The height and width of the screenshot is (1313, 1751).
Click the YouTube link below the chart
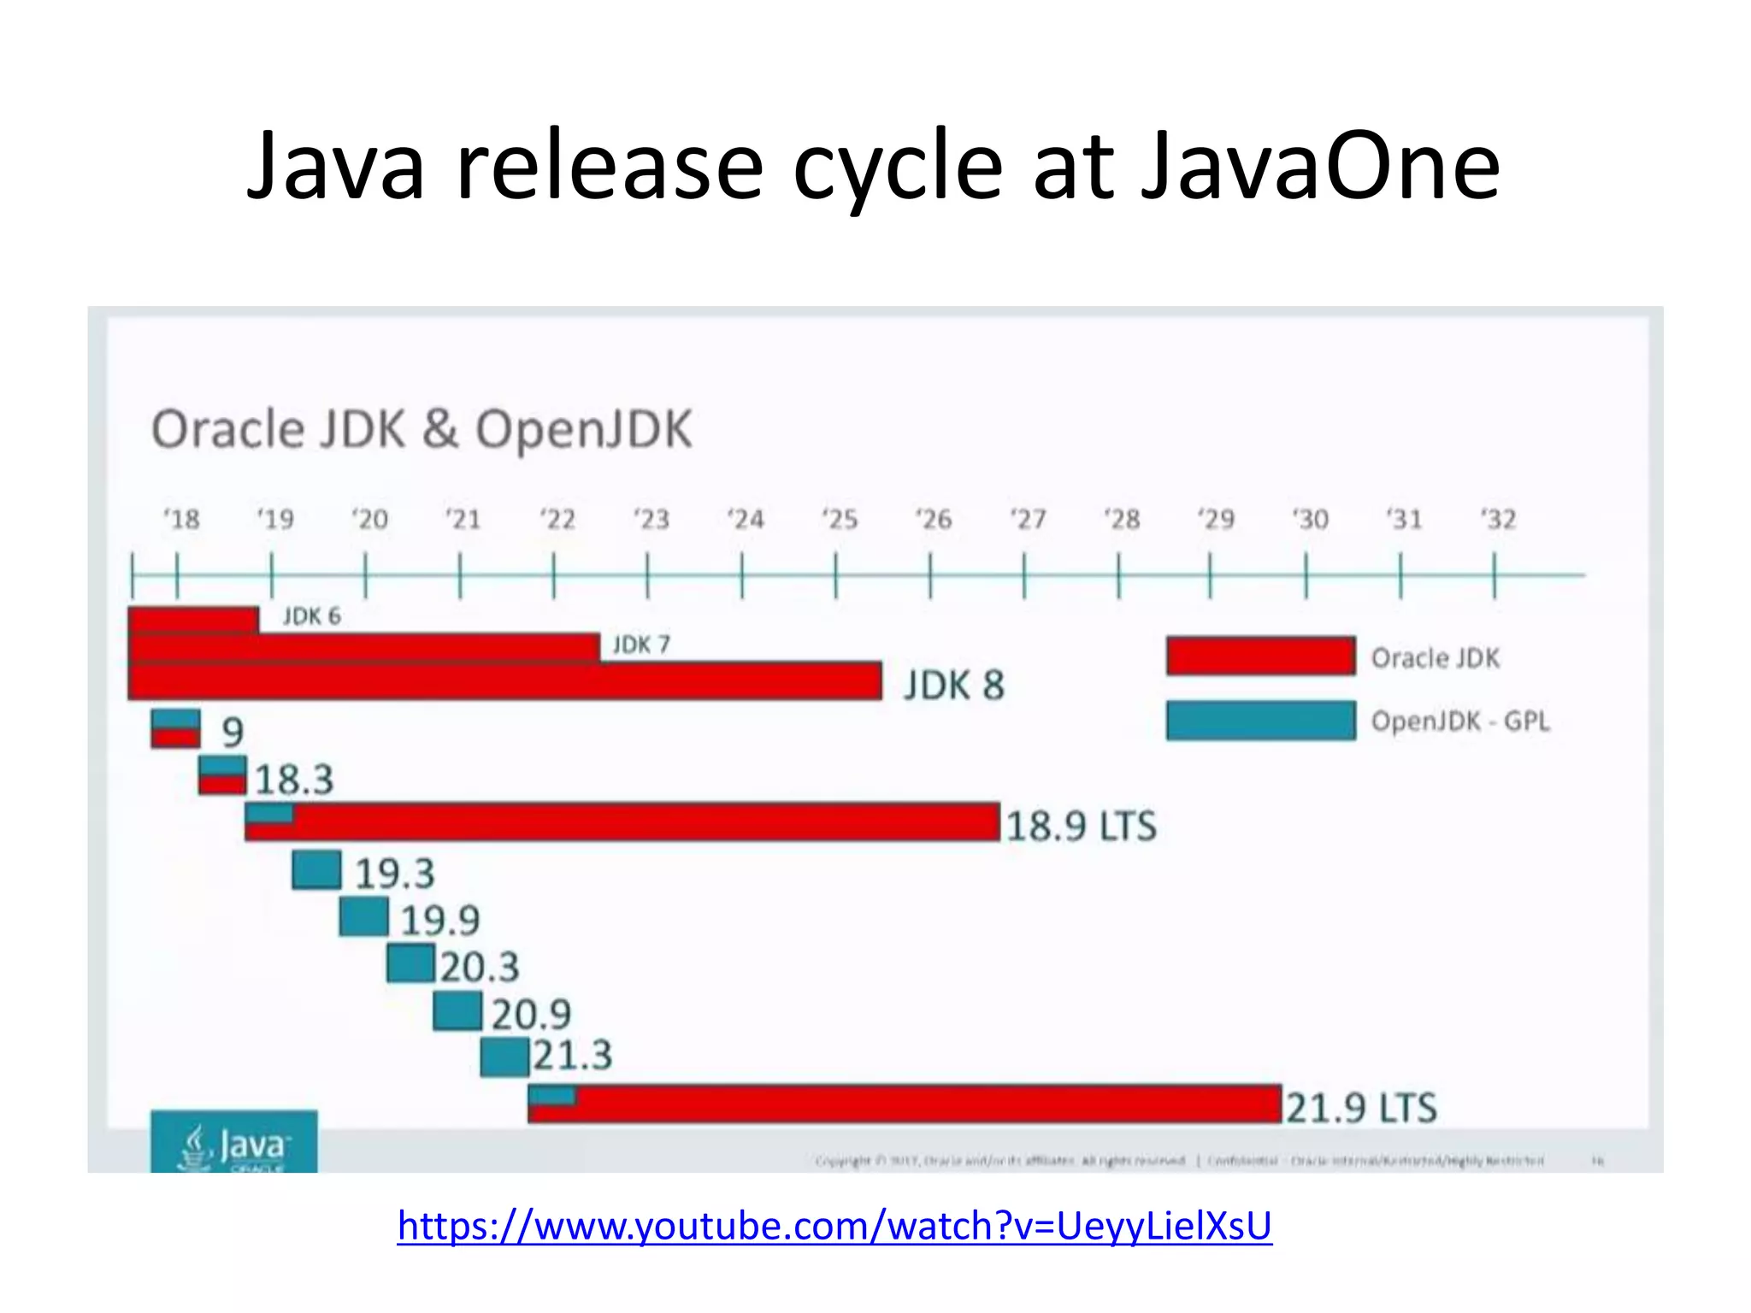834,1226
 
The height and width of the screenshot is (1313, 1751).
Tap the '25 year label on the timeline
839,519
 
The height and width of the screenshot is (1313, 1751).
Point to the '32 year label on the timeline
1498,519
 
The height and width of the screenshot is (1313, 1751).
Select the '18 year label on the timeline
180,519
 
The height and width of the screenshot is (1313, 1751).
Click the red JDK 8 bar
504,681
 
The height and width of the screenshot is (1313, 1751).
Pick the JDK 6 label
311,616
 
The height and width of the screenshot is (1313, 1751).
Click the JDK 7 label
641,645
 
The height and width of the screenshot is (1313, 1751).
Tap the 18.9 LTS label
1081,827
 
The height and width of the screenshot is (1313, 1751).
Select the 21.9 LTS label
1361,1108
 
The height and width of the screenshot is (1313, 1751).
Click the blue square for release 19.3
316,869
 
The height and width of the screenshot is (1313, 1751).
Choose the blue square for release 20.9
457,1011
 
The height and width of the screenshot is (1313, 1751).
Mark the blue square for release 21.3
504,1058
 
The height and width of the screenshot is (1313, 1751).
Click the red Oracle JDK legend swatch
1260,656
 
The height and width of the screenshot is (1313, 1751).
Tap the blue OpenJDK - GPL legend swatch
1260,721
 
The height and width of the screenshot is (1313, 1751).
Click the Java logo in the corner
233,1142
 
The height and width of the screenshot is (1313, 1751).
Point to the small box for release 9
175,729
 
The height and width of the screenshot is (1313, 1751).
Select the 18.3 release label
294,780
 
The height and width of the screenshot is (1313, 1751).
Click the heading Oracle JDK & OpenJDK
421,429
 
